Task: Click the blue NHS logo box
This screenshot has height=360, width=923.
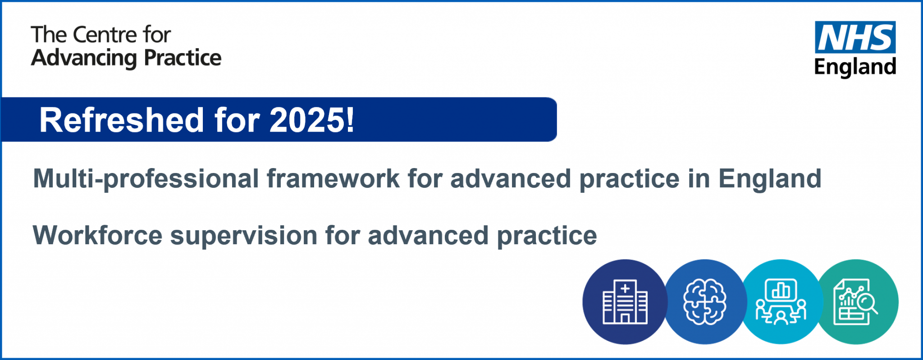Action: pyautogui.click(x=855, y=37)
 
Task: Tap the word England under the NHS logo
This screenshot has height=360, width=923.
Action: pyautogui.click(x=855, y=67)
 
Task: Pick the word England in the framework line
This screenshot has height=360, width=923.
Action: pyautogui.click(x=770, y=179)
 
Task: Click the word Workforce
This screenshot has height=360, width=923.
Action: pyautogui.click(x=97, y=236)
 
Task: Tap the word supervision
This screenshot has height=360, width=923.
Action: pyautogui.click(x=243, y=236)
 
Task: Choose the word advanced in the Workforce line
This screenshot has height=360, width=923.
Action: pyautogui.click(x=428, y=236)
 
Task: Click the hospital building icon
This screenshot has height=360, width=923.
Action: pyautogui.click(x=625, y=301)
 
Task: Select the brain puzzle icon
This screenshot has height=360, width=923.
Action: pyautogui.click(x=704, y=301)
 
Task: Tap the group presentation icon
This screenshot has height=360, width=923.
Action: pyautogui.click(x=781, y=301)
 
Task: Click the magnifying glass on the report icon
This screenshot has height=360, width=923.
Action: pyautogui.click(x=865, y=302)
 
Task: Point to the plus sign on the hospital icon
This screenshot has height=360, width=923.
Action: pyautogui.click(x=625, y=288)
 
